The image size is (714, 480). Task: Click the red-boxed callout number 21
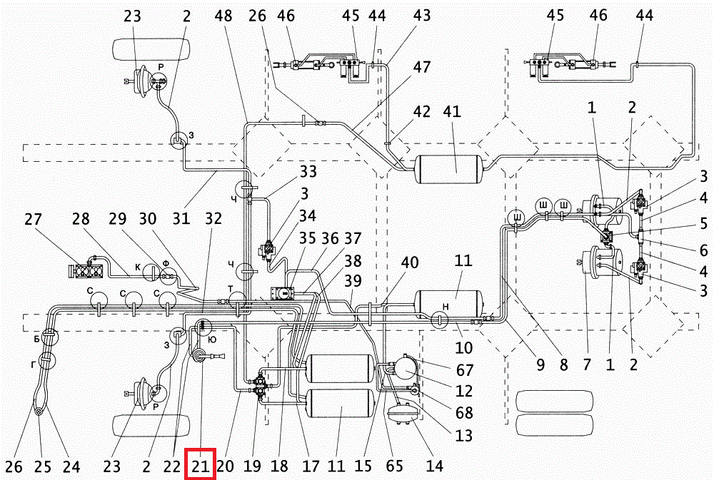tap(201, 466)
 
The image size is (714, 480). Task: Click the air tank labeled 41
tap(450, 169)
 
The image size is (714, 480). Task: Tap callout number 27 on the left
tap(34, 219)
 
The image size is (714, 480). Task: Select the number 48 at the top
tap(223, 16)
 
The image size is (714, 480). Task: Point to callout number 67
tap(465, 370)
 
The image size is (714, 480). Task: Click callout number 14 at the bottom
tap(434, 466)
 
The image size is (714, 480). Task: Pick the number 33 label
tap(308, 171)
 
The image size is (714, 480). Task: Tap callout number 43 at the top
tap(422, 15)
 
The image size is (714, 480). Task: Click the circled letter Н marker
tap(439, 318)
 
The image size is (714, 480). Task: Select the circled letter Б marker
tap(49, 337)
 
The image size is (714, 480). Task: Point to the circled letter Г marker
tap(46, 360)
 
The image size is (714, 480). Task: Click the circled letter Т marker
tap(237, 300)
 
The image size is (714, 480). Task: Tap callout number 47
tap(422, 67)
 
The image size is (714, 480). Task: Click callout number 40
tap(410, 262)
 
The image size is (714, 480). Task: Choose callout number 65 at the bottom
tap(394, 466)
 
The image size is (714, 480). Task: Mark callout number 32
tap(213, 218)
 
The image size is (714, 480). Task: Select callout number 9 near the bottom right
tap(540, 364)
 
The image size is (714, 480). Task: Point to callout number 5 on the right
tap(704, 223)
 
